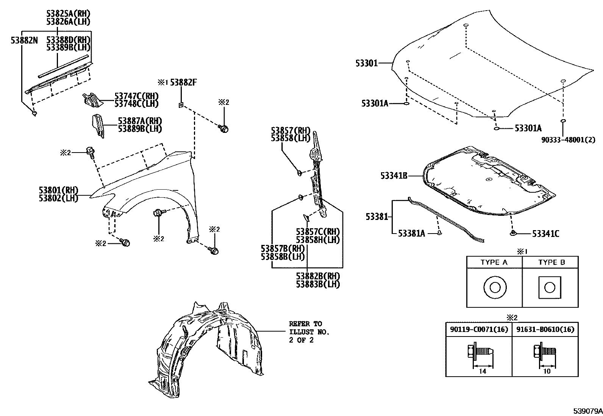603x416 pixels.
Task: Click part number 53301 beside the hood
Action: pos(366,63)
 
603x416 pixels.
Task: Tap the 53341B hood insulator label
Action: pos(394,176)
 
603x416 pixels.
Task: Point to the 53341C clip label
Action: pos(545,234)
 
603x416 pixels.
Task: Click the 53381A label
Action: pos(411,234)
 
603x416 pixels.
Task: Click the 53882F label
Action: pos(183,82)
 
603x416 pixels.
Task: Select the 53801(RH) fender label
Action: pos(58,190)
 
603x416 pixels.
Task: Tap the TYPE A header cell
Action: pos(494,262)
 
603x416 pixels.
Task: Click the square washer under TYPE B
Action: pos(550,288)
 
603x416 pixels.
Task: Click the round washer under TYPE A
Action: pos(495,288)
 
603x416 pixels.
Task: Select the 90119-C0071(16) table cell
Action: pos(479,330)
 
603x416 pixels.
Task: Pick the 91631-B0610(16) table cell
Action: pos(545,330)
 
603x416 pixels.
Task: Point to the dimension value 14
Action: pos(483,372)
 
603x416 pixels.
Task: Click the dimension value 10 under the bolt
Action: pos(547,372)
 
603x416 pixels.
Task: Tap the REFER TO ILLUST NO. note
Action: pos(309,332)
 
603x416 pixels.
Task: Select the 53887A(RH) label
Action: pos(140,121)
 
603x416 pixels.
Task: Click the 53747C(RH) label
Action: pos(136,96)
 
